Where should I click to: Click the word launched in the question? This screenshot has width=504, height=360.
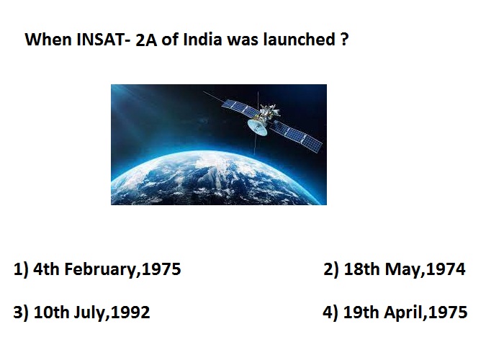click(300, 39)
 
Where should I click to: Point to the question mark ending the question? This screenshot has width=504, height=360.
click(343, 40)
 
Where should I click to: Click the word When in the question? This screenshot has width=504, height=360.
click(48, 40)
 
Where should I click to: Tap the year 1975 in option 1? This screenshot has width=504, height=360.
click(161, 269)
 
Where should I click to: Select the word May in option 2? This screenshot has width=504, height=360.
click(403, 270)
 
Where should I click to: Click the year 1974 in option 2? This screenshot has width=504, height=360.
click(446, 269)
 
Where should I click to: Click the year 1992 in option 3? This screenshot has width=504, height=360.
click(130, 312)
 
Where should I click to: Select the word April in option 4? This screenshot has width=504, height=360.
click(404, 312)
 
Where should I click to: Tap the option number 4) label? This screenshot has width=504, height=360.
click(330, 312)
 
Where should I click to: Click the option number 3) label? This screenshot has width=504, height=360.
click(21, 312)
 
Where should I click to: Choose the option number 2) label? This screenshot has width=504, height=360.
click(331, 269)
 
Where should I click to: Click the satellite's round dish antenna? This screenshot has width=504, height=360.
click(258, 127)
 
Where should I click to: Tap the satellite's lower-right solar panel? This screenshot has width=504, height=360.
click(297, 135)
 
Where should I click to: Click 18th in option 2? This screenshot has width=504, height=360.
click(361, 269)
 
